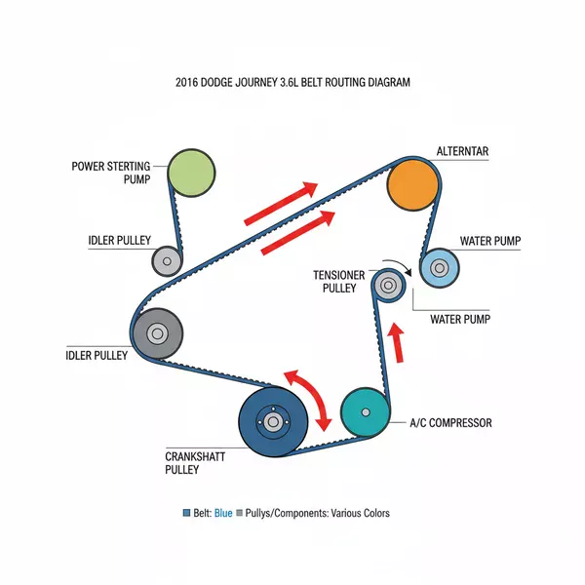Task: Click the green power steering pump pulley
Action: [x=191, y=174]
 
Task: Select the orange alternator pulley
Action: [x=411, y=184]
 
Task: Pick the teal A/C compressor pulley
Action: [x=365, y=412]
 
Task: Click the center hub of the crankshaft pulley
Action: [x=272, y=421]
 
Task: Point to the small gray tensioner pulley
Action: [x=388, y=285]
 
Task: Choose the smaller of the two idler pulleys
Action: [x=167, y=260]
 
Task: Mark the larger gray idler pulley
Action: [x=157, y=332]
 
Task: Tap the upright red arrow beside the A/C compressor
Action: [x=396, y=341]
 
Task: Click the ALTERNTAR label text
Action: [x=462, y=151]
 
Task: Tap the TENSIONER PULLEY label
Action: [x=338, y=282]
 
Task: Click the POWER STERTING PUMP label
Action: [x=115, y=173]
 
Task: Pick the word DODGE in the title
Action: [x=221, y=83]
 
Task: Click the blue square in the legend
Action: [x=186, y=513]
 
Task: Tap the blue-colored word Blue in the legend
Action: [x=222, y=513]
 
